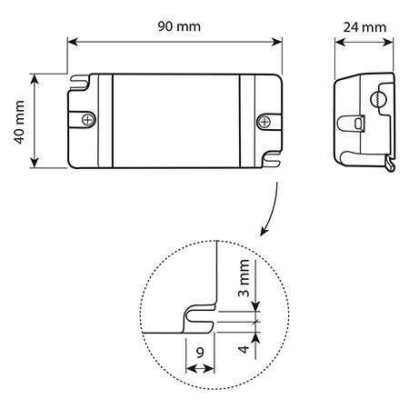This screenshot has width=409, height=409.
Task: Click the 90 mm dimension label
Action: (x=179, y=26)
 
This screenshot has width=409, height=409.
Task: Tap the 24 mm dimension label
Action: (x=364, y=27)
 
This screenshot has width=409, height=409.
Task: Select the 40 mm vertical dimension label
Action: (x=19, y=122)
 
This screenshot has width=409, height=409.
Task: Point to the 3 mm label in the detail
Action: (x=244, y=278)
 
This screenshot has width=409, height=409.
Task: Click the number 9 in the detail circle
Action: (x=200, y=353)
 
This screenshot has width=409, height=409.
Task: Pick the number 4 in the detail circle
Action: (x=244, y=349)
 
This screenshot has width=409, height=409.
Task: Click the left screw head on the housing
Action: (x=88, y=119)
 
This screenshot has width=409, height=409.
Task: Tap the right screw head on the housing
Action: (x=264, y=122)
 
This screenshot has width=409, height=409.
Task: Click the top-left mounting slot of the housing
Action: (x=79, y=82)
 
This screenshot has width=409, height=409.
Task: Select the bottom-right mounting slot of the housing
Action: (x=272, y=160)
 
